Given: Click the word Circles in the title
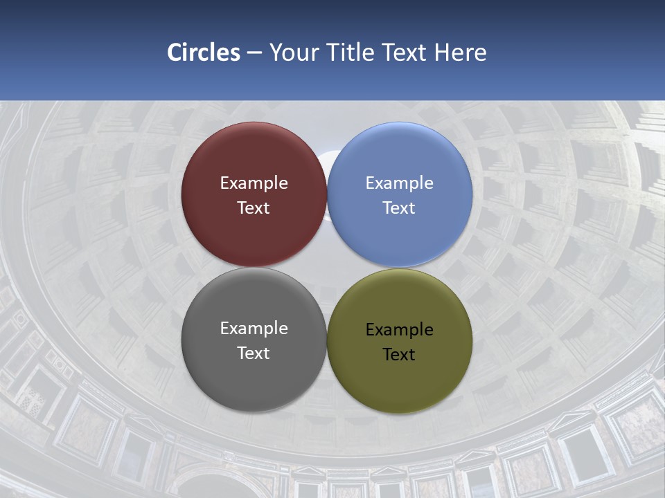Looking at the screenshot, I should point(204,53).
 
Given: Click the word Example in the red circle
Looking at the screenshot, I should point(254,183).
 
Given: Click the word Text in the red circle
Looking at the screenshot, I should point(254,208).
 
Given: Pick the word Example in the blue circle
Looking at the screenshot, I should point(400,183).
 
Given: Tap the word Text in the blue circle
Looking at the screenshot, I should point(400,208).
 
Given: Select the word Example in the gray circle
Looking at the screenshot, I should point(254,329).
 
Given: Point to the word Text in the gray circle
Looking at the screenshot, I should point(254,353).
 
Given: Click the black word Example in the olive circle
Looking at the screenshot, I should point(400,330).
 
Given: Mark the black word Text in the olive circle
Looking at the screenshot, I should point(400,355).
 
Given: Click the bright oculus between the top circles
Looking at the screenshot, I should point(327,166).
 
